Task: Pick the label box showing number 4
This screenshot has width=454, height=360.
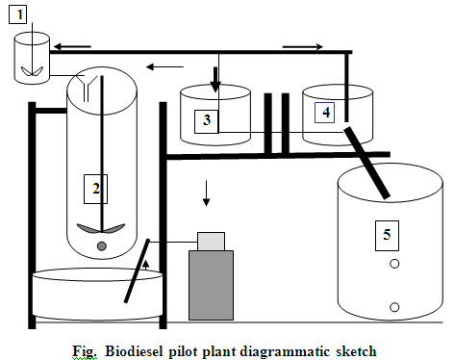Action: (x=326, y=113)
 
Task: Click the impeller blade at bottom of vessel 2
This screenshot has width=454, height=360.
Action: (x=101, y=230)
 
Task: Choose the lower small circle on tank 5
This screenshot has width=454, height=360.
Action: (x=392, y=306)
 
